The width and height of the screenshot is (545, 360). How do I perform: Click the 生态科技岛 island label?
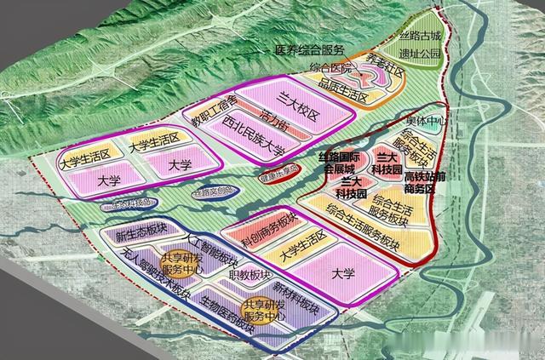pyautogui.click(x=129, y=203)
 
